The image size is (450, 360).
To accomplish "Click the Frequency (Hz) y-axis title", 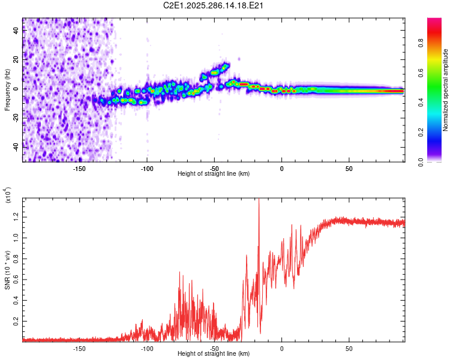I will [x=8, y=90].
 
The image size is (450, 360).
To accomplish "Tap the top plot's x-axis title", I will [x=214, y=173].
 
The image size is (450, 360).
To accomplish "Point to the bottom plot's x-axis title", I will [x=214, y=353].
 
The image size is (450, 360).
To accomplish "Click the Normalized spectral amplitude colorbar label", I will [x=446, y=90].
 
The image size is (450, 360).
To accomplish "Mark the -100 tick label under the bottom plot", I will [x=147, y=347].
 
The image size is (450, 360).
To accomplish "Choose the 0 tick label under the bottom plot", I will [x=281, y=347].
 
